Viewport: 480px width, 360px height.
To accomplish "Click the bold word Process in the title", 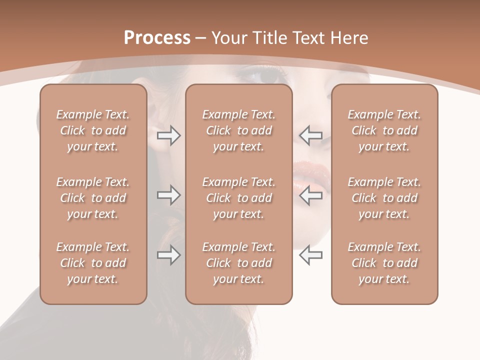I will [x=157, y=38].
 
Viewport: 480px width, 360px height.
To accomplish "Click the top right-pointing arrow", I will [x=168, y=135].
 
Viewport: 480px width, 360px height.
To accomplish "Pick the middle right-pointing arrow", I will [x=168, y=195].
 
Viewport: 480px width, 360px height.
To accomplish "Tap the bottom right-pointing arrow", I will [x=168, y=255].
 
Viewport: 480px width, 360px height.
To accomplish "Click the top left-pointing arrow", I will [x=310, y=135].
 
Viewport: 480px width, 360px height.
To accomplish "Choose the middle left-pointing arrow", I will [x=310, y=195].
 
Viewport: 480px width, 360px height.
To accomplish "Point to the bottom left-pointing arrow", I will [x=310, y=255].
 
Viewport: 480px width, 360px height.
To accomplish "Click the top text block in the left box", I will [x=93, y=130].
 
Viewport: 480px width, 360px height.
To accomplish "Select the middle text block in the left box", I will [x=93, y=198].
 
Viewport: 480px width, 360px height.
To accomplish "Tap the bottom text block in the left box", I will [x=93, y=263].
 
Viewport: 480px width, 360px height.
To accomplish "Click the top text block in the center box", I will [x=239, y=130].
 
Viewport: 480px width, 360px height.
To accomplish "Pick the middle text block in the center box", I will [x=239, y=198].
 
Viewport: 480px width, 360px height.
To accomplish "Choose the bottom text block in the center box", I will [x=239, y=263].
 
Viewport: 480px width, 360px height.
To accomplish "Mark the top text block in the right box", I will [x=384, y=130].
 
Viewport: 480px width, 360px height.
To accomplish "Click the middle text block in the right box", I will [x=384, y=198].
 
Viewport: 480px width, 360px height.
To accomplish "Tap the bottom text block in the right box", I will [x=384, y=263].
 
